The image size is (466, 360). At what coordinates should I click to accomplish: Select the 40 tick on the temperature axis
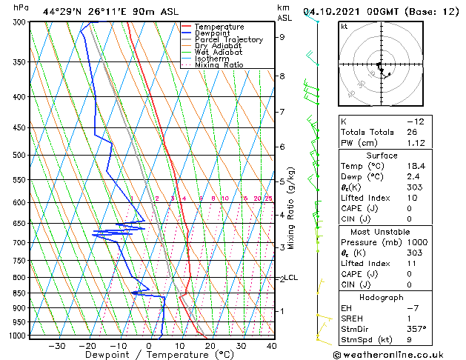click(272, 345)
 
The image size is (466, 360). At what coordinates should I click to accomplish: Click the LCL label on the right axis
click(291, 278)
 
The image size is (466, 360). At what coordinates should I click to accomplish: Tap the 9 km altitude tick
click(282, 37)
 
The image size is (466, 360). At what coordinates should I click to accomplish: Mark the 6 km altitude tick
click(282, 147)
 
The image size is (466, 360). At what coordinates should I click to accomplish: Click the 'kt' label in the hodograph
click(344, 27)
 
